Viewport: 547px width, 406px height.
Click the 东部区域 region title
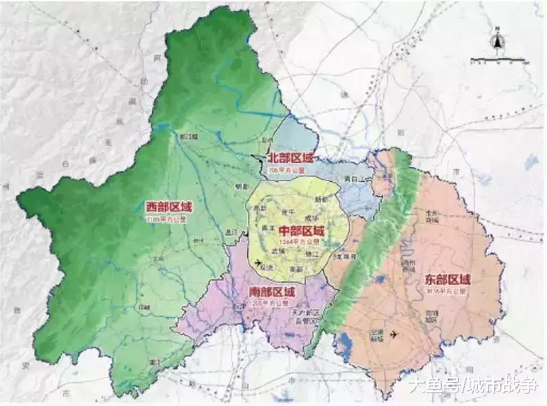click(x=447, y=279)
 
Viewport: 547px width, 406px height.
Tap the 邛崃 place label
click(x=144, y=307)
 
